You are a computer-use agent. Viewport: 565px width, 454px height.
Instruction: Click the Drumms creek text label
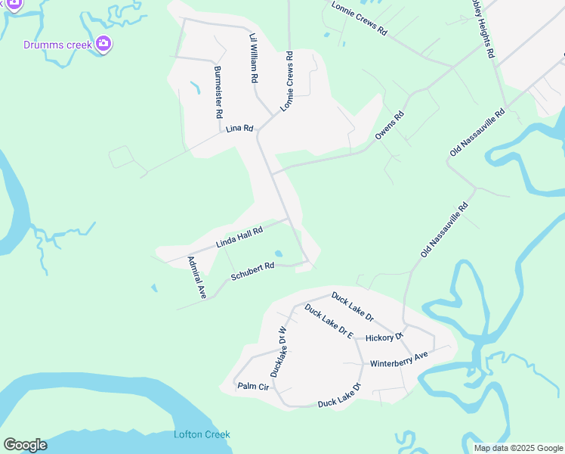57,45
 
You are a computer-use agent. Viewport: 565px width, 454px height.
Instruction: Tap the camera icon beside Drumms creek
103,44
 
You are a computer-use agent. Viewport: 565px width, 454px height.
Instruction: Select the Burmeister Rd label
218,92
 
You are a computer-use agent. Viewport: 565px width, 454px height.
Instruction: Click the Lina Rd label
239,129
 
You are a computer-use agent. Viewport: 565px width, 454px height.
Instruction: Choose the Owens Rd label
390,126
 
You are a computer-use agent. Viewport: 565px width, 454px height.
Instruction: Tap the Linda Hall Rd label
239,238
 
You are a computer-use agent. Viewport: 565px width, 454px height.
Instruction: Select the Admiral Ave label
197,278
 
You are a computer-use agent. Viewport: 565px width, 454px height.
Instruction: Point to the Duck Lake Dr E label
329,321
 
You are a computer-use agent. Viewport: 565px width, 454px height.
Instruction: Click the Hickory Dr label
384,336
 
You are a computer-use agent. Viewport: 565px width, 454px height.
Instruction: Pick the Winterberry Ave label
399,359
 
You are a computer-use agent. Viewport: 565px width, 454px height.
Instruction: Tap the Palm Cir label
253,387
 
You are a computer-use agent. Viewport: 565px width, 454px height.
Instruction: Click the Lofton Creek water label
202,434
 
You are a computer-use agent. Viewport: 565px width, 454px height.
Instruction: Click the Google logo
25,445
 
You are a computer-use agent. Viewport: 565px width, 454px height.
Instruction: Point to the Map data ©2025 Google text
518,448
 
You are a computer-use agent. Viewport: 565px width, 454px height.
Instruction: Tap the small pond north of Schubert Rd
279,254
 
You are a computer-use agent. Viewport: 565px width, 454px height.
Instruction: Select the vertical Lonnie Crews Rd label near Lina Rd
287,82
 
